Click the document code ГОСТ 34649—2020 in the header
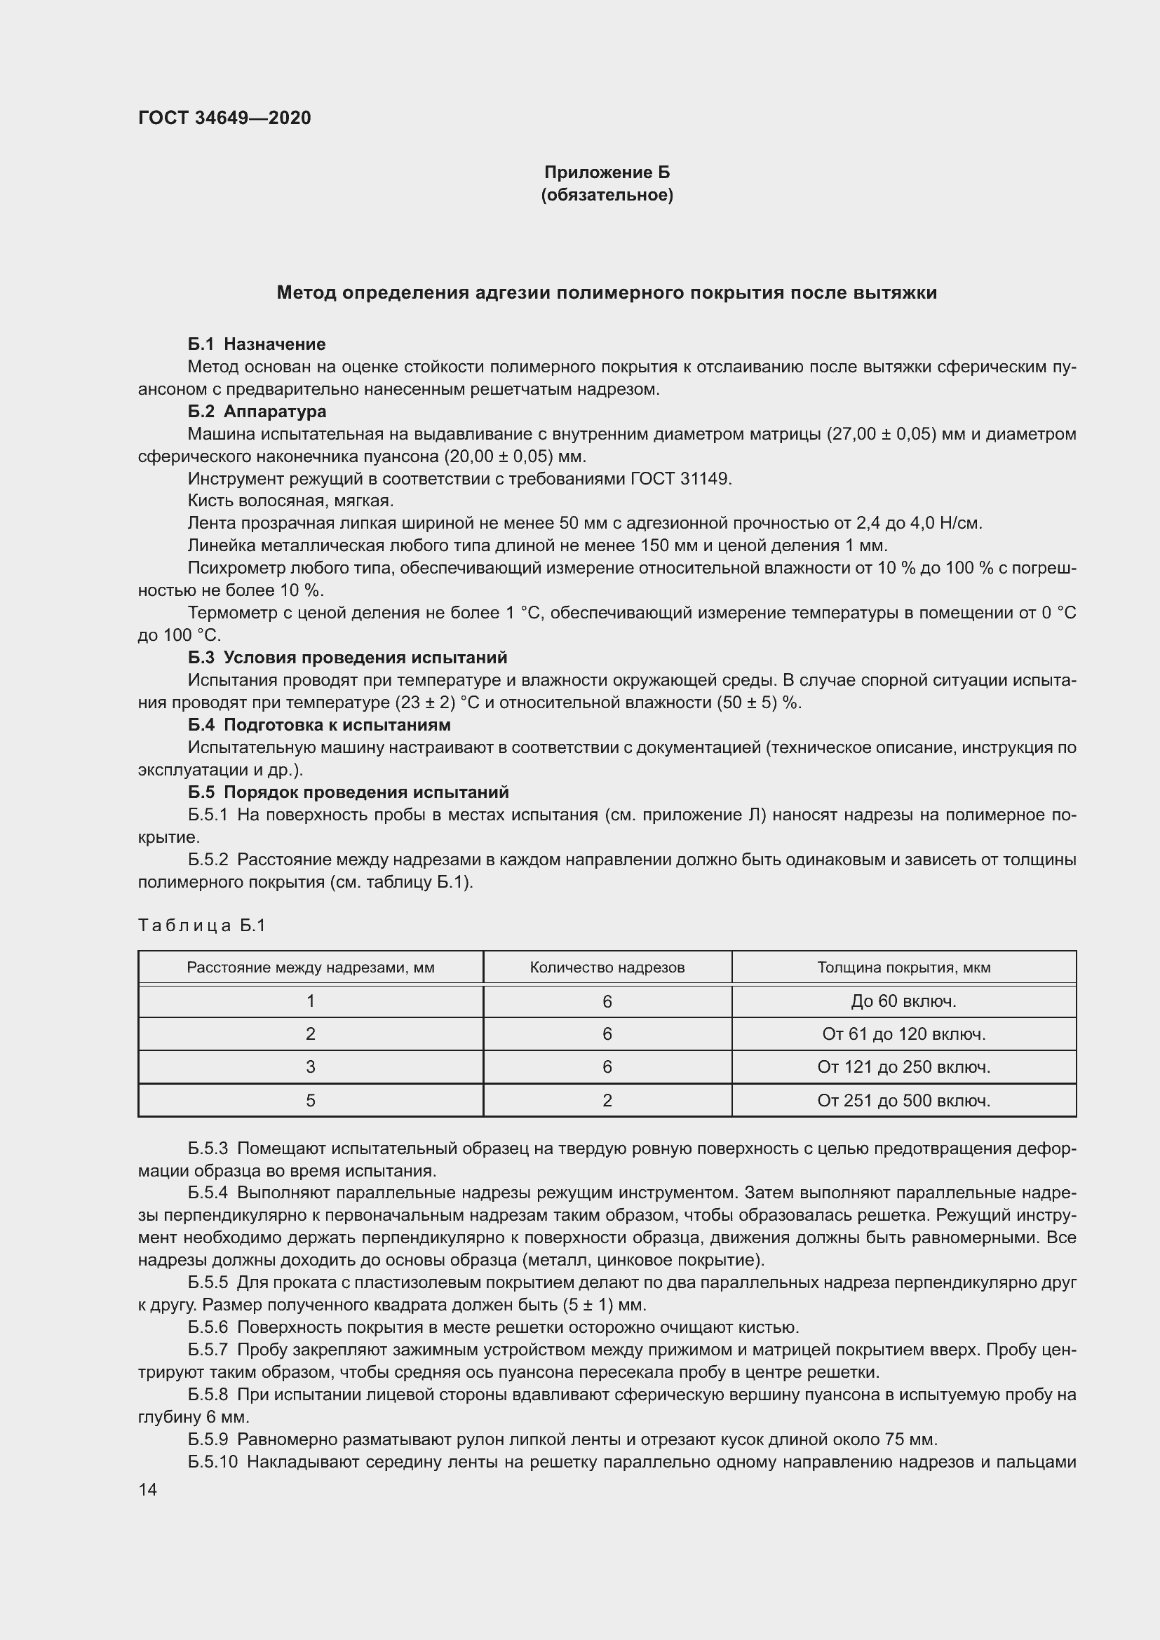tap(224, 118)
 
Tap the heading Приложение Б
tap(607, 172)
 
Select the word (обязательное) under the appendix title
tap(607, 195)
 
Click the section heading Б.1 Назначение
tap(257, 344)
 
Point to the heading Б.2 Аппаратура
tap(257, 412)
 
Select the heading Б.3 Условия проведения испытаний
tap(347, 657)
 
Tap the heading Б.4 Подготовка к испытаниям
tap(319, 725)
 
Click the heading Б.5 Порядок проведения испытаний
tap(348, 792)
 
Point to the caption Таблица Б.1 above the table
tap(201, 926)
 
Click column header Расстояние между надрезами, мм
tap(311, 968)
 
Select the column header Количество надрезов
tap(607, 968)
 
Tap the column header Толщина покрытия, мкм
tap(903, 968)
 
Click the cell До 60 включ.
tap(903, 1001)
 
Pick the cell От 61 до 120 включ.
tap(903, 1034)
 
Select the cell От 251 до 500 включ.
tap(903, 1101)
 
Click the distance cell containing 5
tap(311, 1101)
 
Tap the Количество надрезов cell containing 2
tap(607, 1101)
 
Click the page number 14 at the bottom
tap(148, 1490)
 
